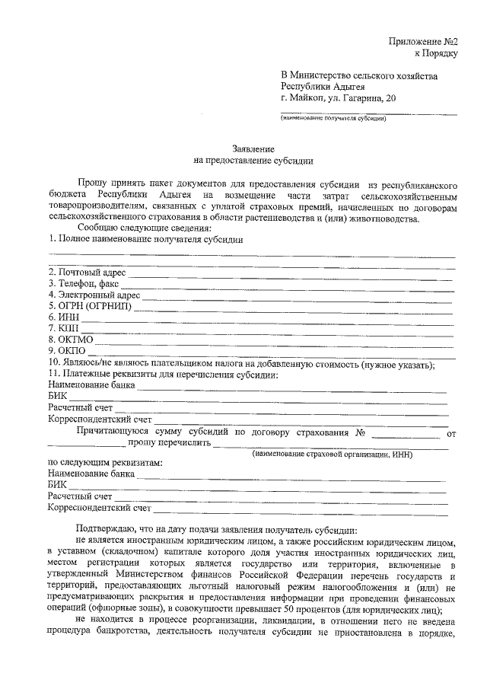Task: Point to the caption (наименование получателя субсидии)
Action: pos(333,118)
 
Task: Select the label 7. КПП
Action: pos(63,328)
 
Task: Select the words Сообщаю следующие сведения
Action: pos(144,228)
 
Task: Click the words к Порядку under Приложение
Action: pos(435,53)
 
